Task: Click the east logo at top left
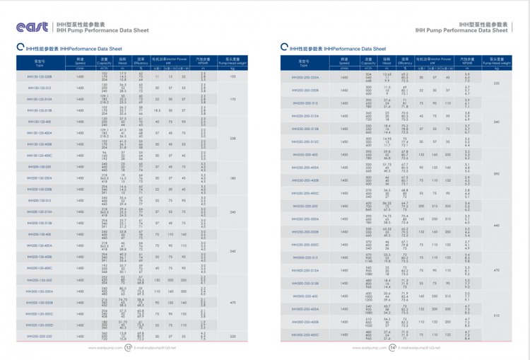coord(32,27)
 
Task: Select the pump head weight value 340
coord(497,122)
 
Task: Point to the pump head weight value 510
coord(497,315)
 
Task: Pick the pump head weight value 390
coord(497,173)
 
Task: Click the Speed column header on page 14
coord(344,62)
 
